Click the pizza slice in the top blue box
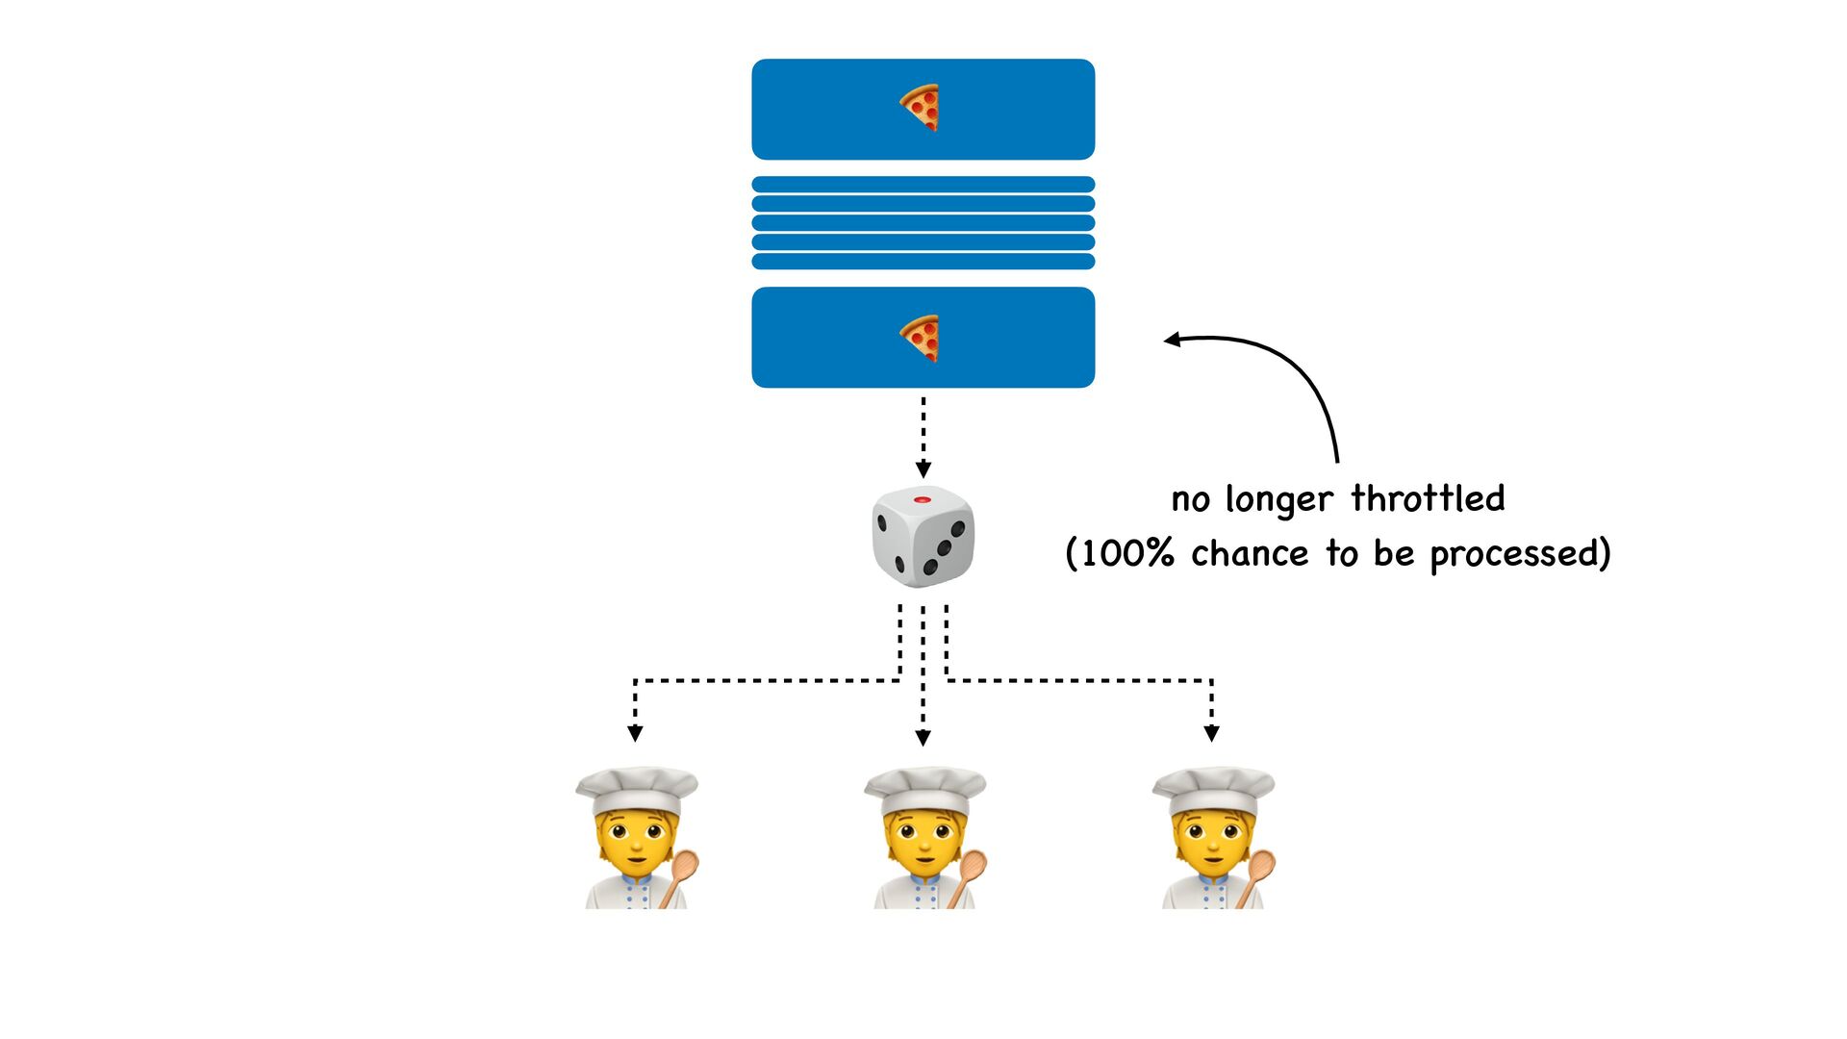[920, 107]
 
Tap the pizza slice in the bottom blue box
[920, 338]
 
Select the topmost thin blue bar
[923, 185]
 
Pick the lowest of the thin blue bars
[923, 262]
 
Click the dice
[923, 536]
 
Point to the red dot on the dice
[922, 500]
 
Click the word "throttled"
[1428, 498]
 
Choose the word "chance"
[1250, 554]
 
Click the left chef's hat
[636, 788]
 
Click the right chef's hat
[1213, 788]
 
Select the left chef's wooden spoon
[679, 874]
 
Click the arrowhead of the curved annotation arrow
[1173, 340]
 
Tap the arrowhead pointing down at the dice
[923, 469]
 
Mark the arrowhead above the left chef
[635, 733]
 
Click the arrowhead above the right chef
[1211, 733]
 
